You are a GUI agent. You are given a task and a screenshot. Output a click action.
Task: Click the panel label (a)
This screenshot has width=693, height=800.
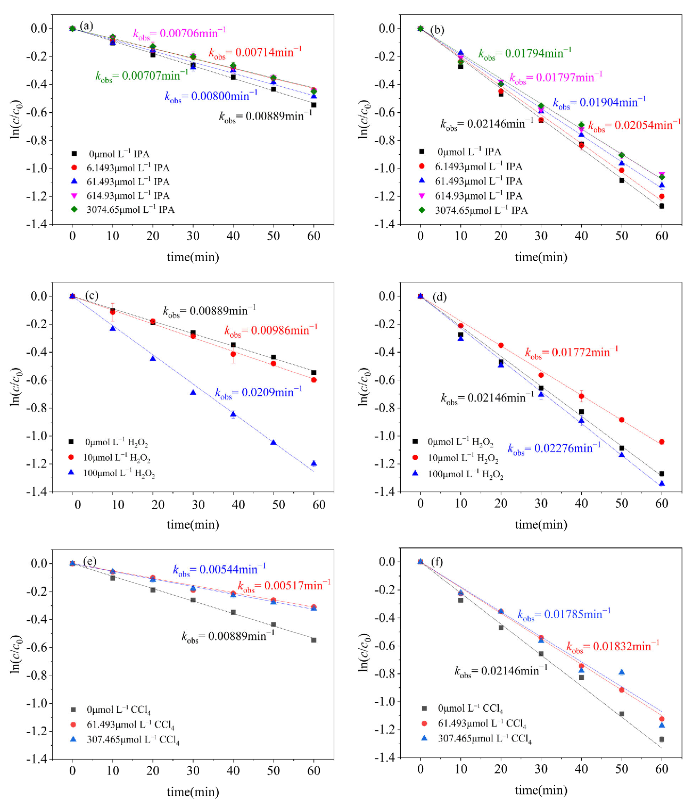pyautogui.click(x=86, y=26)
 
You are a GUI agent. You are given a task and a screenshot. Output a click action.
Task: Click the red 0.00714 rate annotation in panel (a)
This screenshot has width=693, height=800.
pyautogui.click(x=255, y=52)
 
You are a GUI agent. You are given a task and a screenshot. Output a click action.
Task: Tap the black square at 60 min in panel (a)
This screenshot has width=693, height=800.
pyautogui.click(x=313, y=105)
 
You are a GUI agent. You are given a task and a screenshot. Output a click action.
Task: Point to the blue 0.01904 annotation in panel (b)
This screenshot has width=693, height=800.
pyautogui.click(x=599, y=103)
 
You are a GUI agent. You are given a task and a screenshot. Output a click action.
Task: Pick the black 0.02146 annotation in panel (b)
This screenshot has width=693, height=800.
pyautogui.click(x=486, y=124)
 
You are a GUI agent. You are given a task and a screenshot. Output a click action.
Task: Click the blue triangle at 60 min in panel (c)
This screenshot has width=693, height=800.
pyautogui.click(x=313, y=463)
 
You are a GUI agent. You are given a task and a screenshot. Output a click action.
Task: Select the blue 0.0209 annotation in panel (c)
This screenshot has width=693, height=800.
pyautogui.click(x=258, y=393)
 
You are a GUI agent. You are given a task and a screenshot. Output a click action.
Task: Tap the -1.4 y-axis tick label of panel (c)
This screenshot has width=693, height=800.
pyautogui.click(x=37, y=491)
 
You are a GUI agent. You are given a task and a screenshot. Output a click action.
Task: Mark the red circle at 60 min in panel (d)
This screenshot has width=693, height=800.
pyautogui.click(x=662, y=441)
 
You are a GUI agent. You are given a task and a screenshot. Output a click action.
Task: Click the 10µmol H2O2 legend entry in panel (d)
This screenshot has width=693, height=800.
pyautogui.click(x=463, y=458)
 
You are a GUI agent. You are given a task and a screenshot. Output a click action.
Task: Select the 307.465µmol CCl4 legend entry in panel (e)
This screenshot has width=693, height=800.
pyautogui.click(x=132, y=740)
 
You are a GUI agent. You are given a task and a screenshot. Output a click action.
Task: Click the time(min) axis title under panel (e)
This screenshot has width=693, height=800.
pyautogui.click(x=193, y=791)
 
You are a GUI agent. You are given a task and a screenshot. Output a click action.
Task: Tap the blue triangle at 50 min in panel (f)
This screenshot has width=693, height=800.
pyautogui.click(x=622, y=672)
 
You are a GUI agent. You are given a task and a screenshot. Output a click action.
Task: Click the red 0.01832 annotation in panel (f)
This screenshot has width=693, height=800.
pyautogui.click(x=613, y=646)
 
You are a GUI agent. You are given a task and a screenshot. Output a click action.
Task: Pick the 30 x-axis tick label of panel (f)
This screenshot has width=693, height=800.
pyautogui.click(x=541, y=769)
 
